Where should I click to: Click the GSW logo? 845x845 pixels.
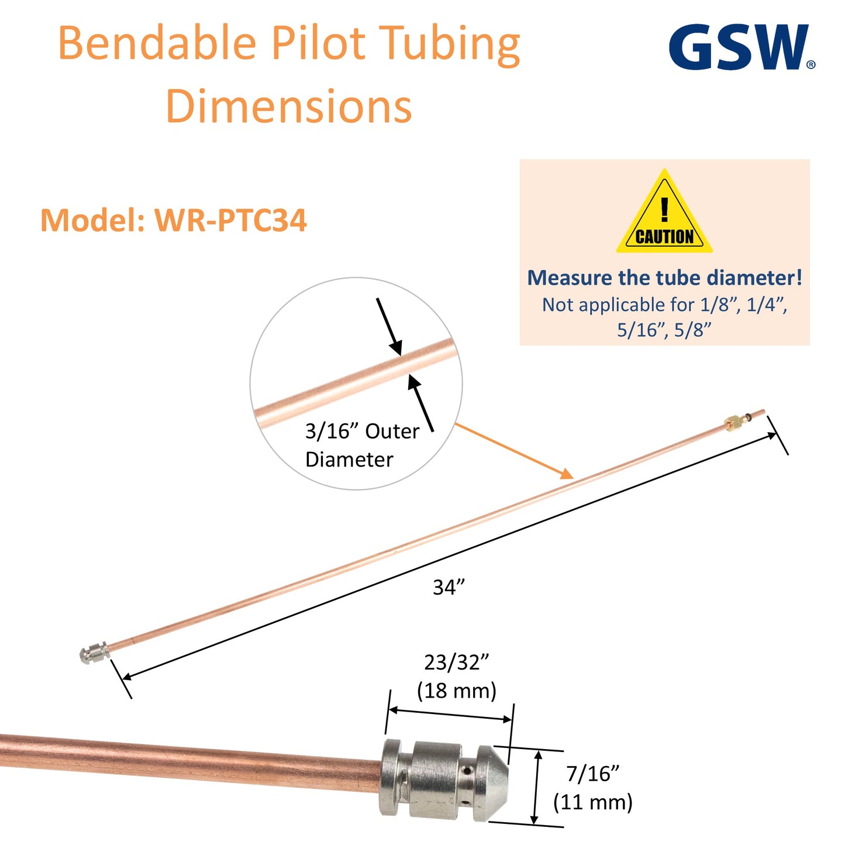point(740,47)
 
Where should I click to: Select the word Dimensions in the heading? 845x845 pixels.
point(289,106)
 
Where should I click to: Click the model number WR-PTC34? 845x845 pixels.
point(230,220)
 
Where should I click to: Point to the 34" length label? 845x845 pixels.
point(449,587)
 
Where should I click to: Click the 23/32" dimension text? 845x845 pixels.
point(456,663)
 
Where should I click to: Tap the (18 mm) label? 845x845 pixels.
point(457,691)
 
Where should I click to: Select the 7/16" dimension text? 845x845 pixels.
point(592,774)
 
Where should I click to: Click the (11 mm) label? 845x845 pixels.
point(593,802)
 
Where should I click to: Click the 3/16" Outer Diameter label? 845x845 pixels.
point(361,445)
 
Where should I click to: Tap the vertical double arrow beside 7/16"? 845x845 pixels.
point(536,788)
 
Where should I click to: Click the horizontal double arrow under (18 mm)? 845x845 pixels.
point(450,715)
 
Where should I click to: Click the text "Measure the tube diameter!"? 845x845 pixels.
point(664,278)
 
